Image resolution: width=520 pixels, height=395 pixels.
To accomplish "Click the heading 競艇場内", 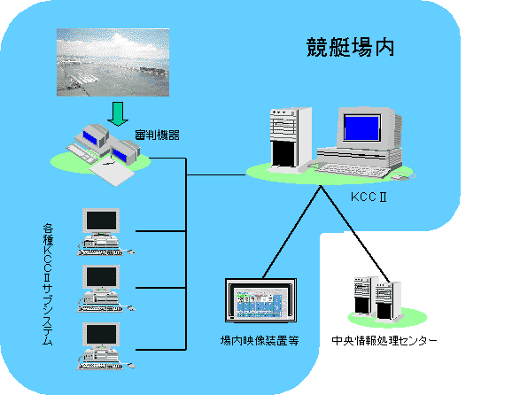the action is point(350,48).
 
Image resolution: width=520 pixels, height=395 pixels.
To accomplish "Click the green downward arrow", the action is point(118,113).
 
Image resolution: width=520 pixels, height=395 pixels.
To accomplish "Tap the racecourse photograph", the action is point(113,62).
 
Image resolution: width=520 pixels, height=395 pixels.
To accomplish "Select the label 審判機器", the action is point(157,135).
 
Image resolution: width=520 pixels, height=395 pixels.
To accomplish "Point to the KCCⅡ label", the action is point(369,197).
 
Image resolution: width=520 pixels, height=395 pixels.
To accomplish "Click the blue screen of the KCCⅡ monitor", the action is point(361,128).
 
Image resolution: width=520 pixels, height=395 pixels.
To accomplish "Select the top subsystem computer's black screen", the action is point(102,221).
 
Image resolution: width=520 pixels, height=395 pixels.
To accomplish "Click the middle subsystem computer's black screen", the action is point(102,277).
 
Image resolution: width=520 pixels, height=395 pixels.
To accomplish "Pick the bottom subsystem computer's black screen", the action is point(102,334).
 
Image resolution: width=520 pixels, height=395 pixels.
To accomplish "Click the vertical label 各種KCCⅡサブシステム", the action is point(48,285).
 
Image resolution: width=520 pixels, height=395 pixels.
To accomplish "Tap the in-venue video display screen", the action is point(260,301).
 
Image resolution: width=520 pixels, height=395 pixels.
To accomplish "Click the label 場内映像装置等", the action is point(260,340).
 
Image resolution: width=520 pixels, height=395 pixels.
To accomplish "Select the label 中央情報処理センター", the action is point(384,340).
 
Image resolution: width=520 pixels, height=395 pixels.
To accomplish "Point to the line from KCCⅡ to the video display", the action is point(291,232).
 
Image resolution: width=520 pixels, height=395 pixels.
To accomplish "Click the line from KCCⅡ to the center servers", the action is point(355,234).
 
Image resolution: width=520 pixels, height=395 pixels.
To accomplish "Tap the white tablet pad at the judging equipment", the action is point(112,173).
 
